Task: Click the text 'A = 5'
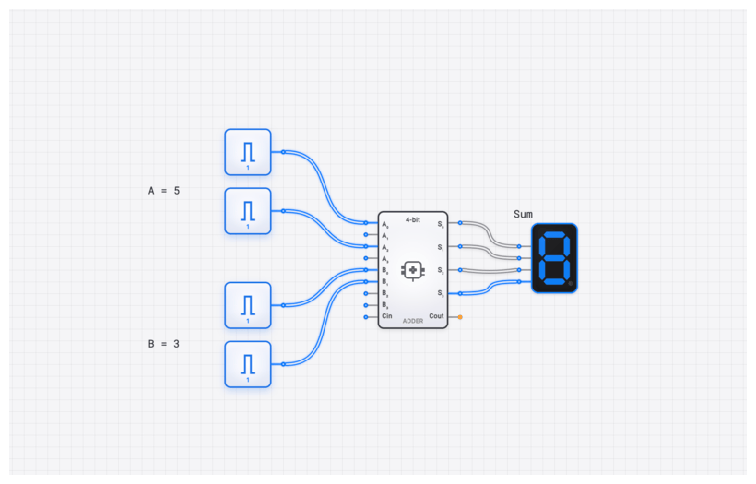[165, 191]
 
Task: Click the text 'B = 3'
[164, 344]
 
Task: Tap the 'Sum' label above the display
[523, 214]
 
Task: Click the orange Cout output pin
[460, 316]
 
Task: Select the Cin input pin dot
[365, 316]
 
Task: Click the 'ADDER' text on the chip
[413, 321]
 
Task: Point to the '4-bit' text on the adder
[413, 219]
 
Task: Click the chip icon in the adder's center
[413, 269]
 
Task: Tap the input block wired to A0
[247, 152]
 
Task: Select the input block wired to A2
[247, 211]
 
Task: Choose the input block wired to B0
[247, 305]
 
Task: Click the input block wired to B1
[247, 364]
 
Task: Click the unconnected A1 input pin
[365, 235]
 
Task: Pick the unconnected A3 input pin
[365, 258]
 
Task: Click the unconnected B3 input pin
[365, 304]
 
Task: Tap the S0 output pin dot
[460, 223]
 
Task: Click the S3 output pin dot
[460, 293]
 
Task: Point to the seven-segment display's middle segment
[554, 258]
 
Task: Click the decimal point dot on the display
[570, 283]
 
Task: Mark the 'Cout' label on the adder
[436, 316]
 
